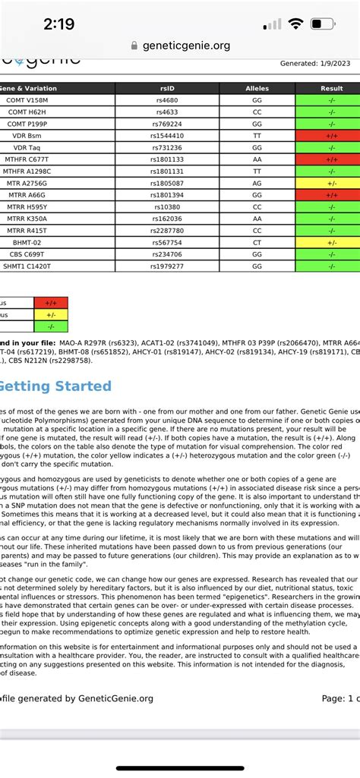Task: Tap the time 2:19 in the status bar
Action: coord(58,24)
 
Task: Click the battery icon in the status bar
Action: coord(330,24)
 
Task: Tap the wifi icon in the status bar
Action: coord(296,24)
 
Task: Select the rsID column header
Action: coord(167,89)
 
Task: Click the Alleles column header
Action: coord(257,89)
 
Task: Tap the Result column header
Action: coord(332,89)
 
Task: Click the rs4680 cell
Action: coord(167,100)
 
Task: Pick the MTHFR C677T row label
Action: coord(27,159)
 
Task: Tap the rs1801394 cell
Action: coord(167,195)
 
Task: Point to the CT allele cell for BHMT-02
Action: coord(257,243)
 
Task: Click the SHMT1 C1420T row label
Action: coord(27,266)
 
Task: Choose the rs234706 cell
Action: coord(167,254)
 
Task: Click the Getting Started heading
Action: coord(55,386)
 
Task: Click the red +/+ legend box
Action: coord(51,303)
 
